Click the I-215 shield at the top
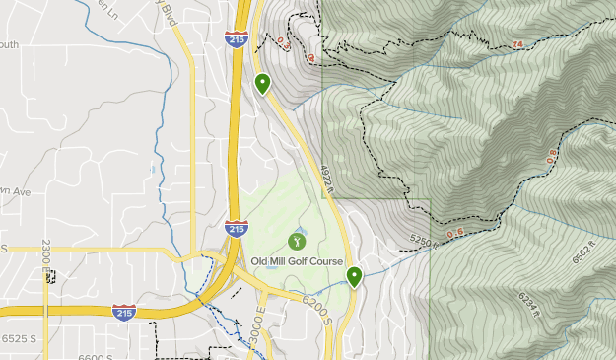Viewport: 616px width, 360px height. [236, 39]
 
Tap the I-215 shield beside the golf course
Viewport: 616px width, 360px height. [236, 229]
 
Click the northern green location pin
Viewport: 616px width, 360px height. [262, 83]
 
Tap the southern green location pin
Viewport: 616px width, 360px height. [353, 276]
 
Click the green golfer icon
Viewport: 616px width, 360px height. [296, 240]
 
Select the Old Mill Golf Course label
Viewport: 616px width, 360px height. [297, 261]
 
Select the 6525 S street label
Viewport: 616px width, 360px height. [20, 338]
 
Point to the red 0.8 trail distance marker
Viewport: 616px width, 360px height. [552, 156]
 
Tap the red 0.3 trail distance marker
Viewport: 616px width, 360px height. [285, 42]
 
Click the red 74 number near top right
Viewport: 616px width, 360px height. [518, 44]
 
